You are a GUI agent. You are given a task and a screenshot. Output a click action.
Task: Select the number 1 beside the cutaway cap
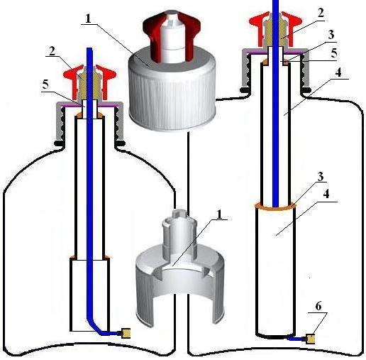[220, 214]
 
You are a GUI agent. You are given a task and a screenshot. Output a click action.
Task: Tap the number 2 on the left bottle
[52, 51]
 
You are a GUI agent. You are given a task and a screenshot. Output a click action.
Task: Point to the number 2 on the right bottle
[320, 13]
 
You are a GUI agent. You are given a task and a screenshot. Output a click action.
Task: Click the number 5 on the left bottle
[46, 84]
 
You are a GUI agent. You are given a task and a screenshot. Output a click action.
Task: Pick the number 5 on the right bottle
[334, 53]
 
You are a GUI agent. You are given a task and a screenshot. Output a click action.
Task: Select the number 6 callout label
[318, 306]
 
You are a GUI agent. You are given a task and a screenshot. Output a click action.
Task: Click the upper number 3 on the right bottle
[331, 35]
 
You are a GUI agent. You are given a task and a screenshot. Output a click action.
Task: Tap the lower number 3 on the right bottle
[321, 177]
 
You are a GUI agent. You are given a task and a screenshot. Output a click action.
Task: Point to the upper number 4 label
[338, 72]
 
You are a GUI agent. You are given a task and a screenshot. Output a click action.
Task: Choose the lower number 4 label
[326, 194]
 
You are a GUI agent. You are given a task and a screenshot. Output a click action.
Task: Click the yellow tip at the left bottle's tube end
[126, 333]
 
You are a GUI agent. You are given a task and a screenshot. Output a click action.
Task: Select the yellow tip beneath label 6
[311, 339]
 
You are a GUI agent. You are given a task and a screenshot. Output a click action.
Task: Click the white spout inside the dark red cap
[172, 36]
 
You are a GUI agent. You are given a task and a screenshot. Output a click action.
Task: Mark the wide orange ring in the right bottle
[275, 207]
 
